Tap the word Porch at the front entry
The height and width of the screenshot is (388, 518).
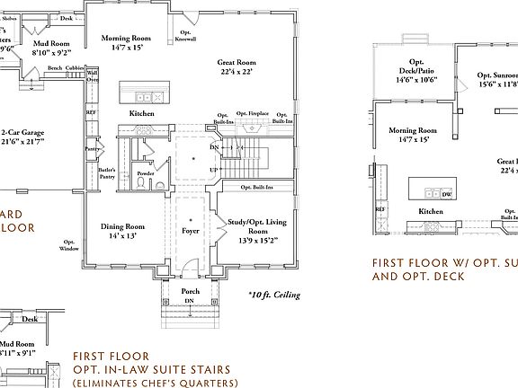[x=191, y=291]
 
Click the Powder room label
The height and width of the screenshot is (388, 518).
[x=146, y=172]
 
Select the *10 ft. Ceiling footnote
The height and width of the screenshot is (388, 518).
[x=274, y=295]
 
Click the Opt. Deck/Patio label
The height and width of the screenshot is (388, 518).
[x=415, y=69]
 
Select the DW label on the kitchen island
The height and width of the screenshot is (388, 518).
[x=447, y=192]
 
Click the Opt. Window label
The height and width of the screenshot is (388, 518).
[x=69, y=245]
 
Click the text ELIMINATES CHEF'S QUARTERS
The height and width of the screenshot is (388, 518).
[x=156, y=383]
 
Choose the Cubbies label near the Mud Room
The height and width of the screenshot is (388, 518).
[x=76, y=67]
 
